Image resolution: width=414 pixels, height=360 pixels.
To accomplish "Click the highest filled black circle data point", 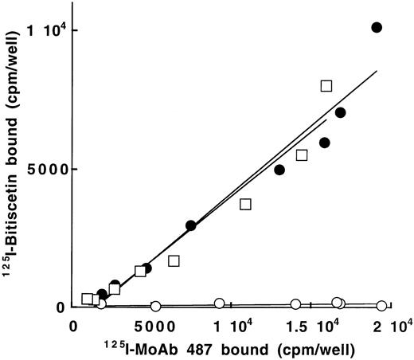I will pyautogui.click(x=377, y=27).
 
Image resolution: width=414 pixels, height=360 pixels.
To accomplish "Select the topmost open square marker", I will pyautogui.click(x=326, y=85).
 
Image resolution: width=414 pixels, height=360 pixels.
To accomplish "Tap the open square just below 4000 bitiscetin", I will pyautogui.click(x=245, y=204).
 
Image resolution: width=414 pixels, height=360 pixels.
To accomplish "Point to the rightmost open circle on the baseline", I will pyautogui.click(x=382, y=306).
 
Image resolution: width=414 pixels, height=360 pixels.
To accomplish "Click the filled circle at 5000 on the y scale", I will pyautogui.click(x=279, y=170).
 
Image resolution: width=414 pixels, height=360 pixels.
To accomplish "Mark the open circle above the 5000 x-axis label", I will pyautogui.click(x=156, y=306).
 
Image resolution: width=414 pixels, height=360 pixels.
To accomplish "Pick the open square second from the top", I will pyautogui.click(x=302, y=155).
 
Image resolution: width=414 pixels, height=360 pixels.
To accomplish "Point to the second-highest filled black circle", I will pyautogui.click(x=341, y=112).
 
